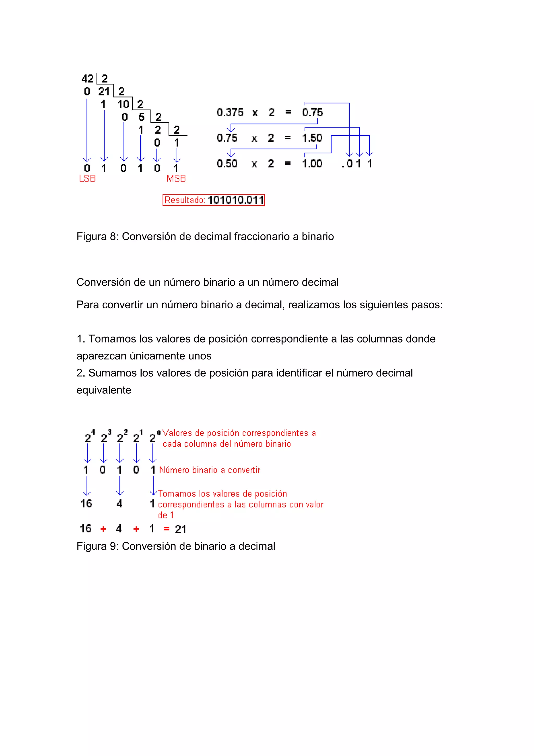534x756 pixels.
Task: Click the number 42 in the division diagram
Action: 87,79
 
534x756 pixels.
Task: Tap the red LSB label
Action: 87,178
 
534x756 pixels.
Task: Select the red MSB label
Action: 176,178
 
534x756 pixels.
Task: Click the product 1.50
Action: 312,138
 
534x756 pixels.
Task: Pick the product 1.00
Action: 312,163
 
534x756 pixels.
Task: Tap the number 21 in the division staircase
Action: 104,91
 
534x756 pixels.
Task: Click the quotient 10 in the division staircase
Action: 123,104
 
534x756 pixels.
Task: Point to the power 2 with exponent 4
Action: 89,437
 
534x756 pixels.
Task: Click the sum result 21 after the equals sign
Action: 181,529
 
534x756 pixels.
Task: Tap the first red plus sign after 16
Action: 103,529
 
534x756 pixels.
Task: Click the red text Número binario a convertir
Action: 210,470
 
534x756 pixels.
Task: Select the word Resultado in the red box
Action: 185,200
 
